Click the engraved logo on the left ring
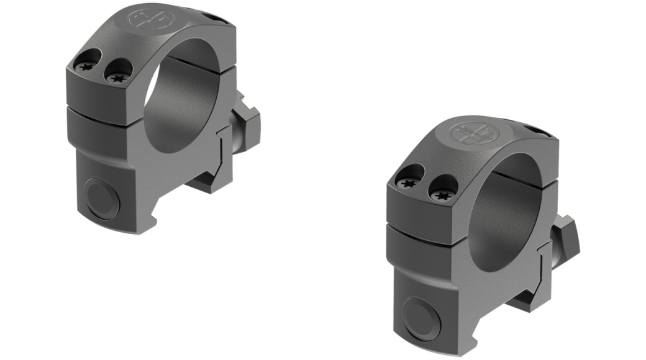pyautogui.click(x=148, y=20)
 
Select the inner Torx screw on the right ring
pyautogui.click(x=442, y=195)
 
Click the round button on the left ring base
pyautogui.click(x=103, y=197)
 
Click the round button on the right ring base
pyautogui.click(x=423, y=317)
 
